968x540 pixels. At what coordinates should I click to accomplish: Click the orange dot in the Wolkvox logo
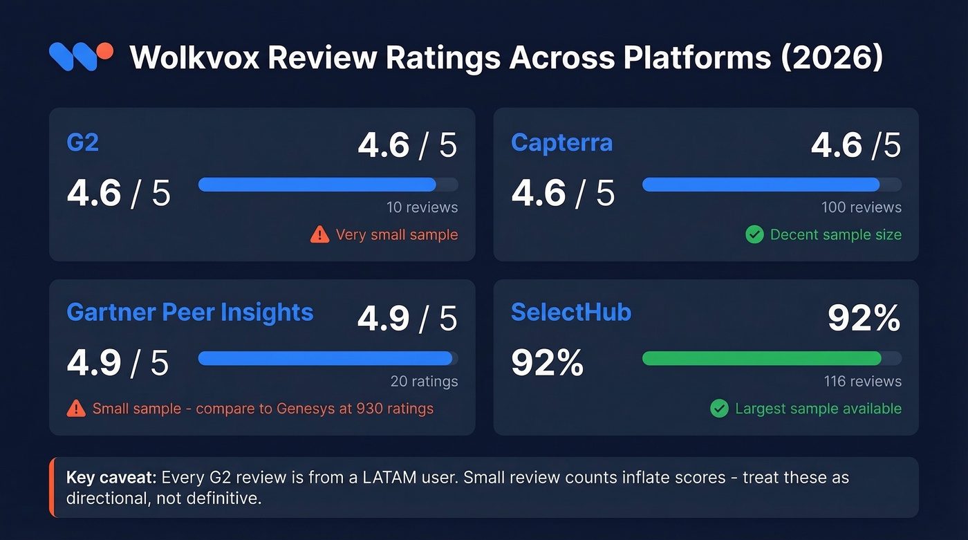(x=104, y=51)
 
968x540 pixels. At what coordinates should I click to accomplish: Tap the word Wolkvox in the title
(x=194, y=58)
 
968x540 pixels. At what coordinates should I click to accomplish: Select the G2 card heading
(x=82, y=142)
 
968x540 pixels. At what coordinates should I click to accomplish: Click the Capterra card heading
(x=561, y=142)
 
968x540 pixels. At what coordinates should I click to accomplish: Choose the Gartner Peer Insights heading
(x=189, y=312)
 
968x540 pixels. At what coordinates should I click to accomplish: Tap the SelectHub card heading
(x=570, y=312)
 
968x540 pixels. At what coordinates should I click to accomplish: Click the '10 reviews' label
(x=422, y=207)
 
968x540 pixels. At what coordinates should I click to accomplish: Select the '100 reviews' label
(x=861, y=207)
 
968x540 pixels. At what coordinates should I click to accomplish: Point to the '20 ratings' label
(x=424, y=381)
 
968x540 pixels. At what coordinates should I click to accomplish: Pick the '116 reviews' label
(x=862, y=381)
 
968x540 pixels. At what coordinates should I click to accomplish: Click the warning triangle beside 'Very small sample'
(x=319, y=235)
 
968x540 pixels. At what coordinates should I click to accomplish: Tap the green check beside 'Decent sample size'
(x=754, y=235)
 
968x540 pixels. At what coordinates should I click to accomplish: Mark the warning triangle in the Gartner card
(x=76, y=409)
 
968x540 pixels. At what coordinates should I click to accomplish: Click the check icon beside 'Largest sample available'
(x=719, y=409)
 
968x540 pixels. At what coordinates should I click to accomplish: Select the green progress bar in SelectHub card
(x=761, y=358)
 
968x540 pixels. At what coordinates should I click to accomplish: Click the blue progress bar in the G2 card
(x=317, y=185)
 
